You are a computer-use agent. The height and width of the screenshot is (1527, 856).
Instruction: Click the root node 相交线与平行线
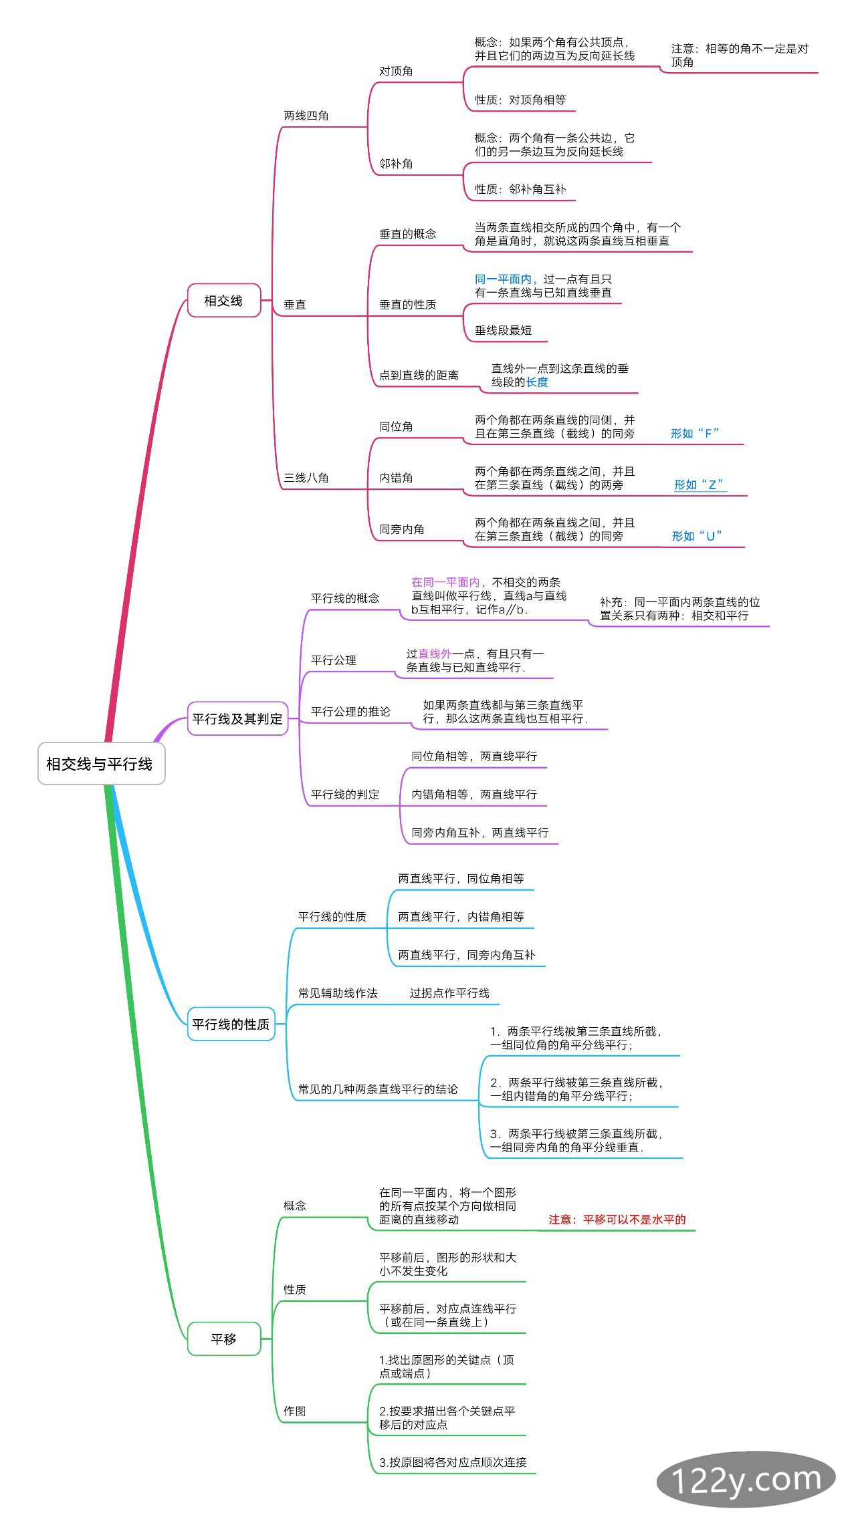[100, 763]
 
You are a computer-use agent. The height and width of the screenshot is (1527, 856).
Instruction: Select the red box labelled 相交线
[223, 301]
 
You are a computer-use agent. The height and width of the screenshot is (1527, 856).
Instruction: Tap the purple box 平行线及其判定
[237, 718]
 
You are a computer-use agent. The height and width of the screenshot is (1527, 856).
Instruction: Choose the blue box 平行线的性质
[231, 1024]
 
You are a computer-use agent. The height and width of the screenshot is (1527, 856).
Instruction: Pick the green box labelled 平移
[223, 1339]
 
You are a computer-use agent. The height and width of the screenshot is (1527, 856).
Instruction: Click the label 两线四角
[306, 116]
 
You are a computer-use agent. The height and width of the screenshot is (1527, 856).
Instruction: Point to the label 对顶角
[396, 72]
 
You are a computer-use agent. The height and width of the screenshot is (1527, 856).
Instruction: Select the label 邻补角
[396, 164]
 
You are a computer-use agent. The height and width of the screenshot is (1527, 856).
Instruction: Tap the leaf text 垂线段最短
[503, 330]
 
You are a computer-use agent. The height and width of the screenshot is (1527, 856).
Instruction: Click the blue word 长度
[537, 382]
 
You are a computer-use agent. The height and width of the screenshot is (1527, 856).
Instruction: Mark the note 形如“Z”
[699, 484]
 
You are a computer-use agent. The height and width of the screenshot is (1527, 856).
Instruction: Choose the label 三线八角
[306, 478]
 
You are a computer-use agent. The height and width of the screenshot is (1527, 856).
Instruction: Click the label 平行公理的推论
[350, 712]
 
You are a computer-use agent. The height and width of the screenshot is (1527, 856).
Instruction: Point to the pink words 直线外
[435, 654]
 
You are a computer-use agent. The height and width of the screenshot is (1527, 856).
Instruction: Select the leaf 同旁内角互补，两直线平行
[479, 833]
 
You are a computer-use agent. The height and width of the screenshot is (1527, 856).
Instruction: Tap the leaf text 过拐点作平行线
[449, 993]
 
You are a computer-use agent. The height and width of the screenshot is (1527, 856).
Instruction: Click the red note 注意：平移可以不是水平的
[617, 1220]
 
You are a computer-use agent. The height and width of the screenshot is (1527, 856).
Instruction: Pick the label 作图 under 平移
[295, 1411]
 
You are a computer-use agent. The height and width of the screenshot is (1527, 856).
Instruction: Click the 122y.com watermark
[746, 1480]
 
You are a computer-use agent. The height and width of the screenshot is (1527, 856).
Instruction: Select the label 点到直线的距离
[419, 376]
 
